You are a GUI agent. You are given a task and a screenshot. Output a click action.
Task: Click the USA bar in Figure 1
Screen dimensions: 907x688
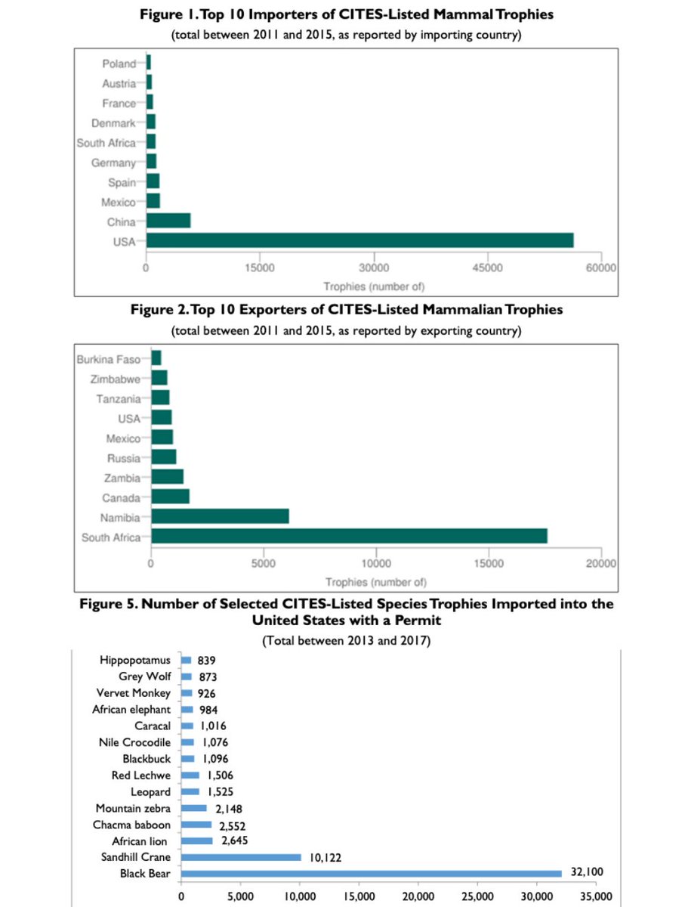[359, 240]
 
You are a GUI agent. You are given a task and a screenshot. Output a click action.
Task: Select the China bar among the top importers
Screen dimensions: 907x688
[168, 221]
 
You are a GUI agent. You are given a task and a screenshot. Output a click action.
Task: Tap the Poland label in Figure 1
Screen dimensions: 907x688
[119, 63]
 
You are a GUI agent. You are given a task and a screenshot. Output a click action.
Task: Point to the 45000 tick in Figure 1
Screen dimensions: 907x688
[489, 268]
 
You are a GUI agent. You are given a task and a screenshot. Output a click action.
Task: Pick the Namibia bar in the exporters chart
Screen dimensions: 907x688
[220, 517]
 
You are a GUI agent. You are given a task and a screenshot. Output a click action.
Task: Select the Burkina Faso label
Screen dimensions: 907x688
[109, 359]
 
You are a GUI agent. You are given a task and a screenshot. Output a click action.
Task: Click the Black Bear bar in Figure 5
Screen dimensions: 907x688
[372, 874]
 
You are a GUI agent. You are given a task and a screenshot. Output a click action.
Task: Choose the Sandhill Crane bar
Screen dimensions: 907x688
[241, 857]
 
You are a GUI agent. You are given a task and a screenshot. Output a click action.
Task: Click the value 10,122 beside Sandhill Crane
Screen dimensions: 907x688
[325, 856]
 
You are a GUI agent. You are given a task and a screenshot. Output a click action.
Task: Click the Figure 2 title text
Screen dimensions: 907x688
[347, 310]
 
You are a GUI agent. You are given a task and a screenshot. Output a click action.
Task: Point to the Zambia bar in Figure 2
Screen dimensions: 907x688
[167, 478]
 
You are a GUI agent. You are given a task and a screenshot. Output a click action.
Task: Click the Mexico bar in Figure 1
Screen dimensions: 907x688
[153, 201]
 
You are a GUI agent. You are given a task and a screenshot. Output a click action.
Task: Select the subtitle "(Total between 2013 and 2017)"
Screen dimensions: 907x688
[346, 641]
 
